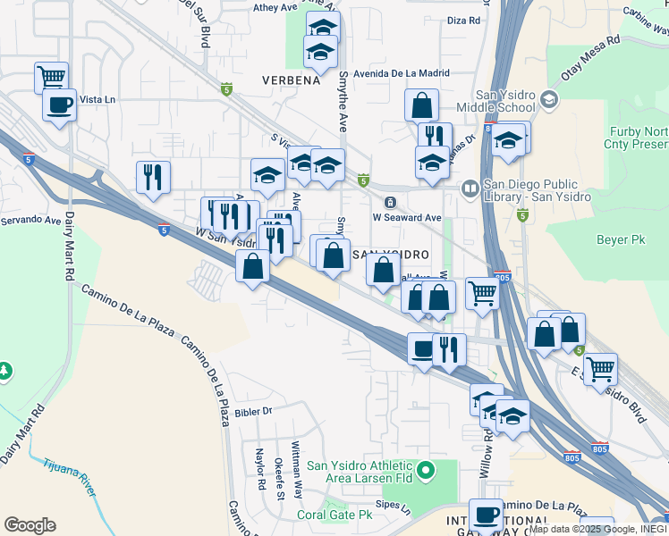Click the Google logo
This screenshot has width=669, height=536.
click(x=30, y=525)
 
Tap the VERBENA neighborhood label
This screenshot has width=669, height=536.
click(x=291, y=80)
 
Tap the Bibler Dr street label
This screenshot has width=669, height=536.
click(x=253, y=411)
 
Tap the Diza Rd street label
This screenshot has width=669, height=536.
click(x=463, y=20)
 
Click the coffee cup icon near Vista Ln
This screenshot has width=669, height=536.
click(x=60, y=105)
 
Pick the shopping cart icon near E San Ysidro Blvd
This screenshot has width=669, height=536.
click(x=599, y=366)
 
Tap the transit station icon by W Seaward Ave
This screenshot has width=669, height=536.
click(x=389, y=202)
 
